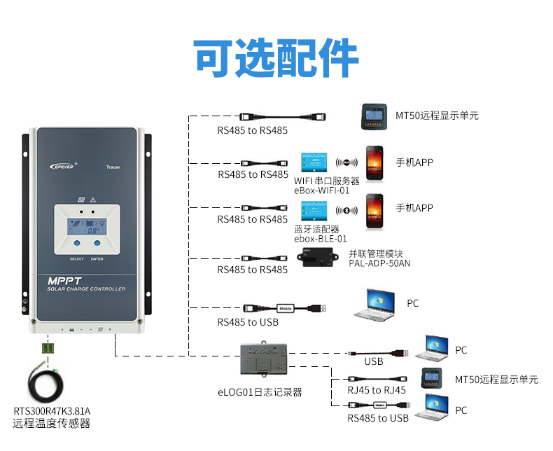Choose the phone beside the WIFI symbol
point(375,162)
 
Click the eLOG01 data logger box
point(263,359)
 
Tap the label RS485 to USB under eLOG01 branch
point(378,418)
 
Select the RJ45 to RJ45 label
point(377,390)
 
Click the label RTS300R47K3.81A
point(52,410)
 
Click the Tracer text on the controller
point(113,167)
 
